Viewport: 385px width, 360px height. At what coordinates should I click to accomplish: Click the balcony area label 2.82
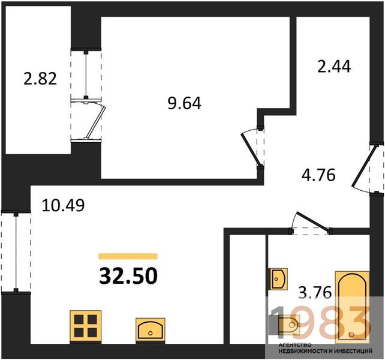coord(40,79)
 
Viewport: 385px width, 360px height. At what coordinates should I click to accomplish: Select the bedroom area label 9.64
coord(184,103)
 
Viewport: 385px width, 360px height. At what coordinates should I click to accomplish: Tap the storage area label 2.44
coord(334,66)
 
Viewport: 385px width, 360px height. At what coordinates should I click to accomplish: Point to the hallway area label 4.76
coord(318,175)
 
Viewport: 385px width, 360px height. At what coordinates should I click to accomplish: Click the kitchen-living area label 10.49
coord(63,205)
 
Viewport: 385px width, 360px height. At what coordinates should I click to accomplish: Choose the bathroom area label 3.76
coord(315,292)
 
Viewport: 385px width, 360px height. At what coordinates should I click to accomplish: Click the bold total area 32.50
coord(128,275)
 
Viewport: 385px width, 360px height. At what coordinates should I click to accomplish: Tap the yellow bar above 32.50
coord(128,256)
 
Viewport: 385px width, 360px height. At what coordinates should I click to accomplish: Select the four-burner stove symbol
coord(86,326)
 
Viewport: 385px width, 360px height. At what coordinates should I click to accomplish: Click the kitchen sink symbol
coord(151,330)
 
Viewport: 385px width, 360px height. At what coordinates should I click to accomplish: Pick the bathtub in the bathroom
coord(353,307)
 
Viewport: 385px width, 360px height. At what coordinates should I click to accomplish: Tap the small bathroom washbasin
coord(279,279)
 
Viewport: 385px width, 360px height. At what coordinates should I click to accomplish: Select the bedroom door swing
coord(252,148)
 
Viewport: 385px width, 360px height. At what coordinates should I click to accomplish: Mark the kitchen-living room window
coord(16,251)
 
